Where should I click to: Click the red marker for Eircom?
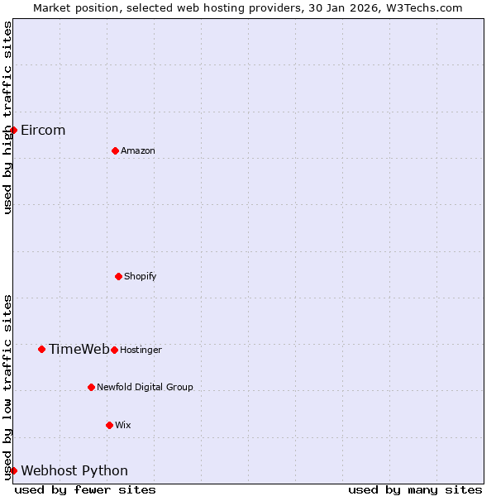(x=13, y=130)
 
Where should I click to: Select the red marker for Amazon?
(x=115, y=150)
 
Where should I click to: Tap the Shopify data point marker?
(x=118, y=276)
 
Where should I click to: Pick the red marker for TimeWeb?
(x=41, y=349)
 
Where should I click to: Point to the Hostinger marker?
(x=114, y=350)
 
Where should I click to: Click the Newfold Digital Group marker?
(x=91, y=387)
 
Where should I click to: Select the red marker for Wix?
(x=109, y=425)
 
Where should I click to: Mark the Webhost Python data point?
(x=13, y=470)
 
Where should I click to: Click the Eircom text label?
(x=43, y=130)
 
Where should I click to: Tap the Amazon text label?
(x=138, y=150)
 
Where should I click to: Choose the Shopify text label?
(x=141, y=276)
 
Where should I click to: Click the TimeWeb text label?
(x=79, y=349)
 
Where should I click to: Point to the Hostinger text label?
(x=141, y=350)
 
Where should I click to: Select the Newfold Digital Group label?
(x=145, y=387)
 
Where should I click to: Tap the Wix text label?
(x=123, y=425)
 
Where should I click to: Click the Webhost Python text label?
(x=74, y=470)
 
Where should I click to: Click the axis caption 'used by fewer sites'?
(x=85, y=489)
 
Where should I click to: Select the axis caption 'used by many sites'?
(x=415, y=489)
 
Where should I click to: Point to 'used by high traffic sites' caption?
(x=7, y=117)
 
